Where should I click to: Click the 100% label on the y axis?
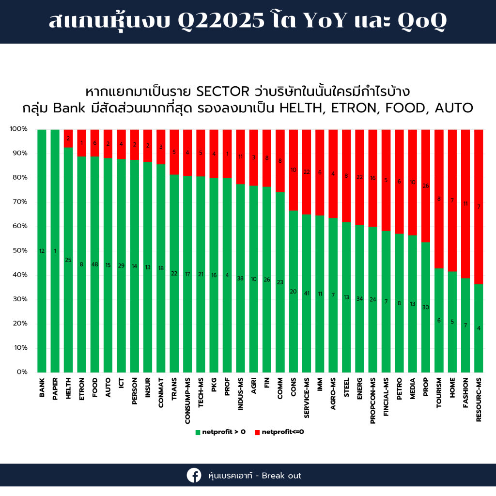18,129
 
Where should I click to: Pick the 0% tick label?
22,372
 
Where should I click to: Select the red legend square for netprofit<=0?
257,432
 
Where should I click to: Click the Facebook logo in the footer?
194,475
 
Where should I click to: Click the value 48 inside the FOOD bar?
95,264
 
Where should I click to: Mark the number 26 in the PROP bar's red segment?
426,186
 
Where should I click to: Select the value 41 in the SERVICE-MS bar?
307,293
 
